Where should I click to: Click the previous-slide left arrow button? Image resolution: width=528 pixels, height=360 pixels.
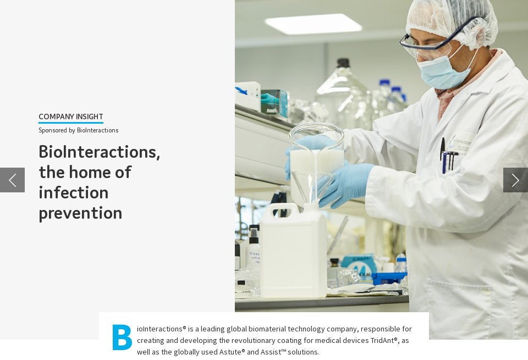pos(12,180)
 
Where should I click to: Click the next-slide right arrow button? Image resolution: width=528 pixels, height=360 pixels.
pos(515,180)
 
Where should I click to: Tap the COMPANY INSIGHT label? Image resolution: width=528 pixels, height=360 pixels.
pos(71,117)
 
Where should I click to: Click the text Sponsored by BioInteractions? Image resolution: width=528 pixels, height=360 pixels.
pos(78,130)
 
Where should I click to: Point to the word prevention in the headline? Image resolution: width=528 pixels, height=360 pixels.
pos(80,213)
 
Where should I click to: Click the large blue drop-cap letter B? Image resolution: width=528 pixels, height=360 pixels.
pos(122,337)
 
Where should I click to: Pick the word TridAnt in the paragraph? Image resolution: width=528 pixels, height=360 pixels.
pos(385,340)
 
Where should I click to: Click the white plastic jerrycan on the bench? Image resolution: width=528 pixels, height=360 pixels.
pos(293,253)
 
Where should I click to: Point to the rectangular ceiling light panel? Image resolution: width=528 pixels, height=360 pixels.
pos(313,24)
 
